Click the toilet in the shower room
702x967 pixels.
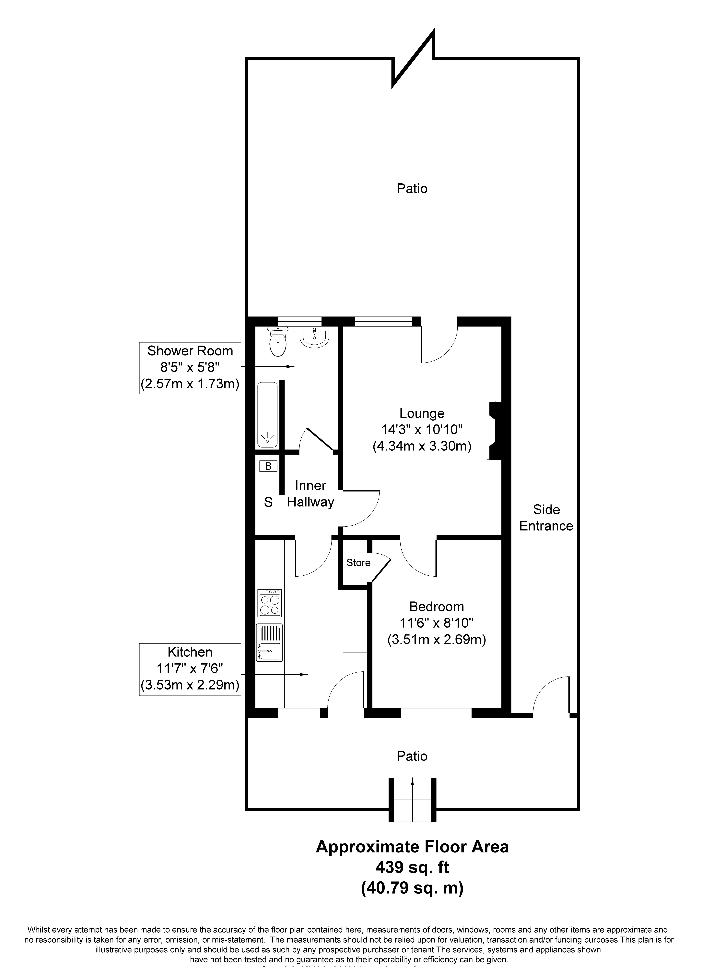pos(278,342)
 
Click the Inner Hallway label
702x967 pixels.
pos(310,494)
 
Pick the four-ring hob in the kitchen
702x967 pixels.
pos(269,603)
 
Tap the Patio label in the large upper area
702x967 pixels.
pos(412,189)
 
